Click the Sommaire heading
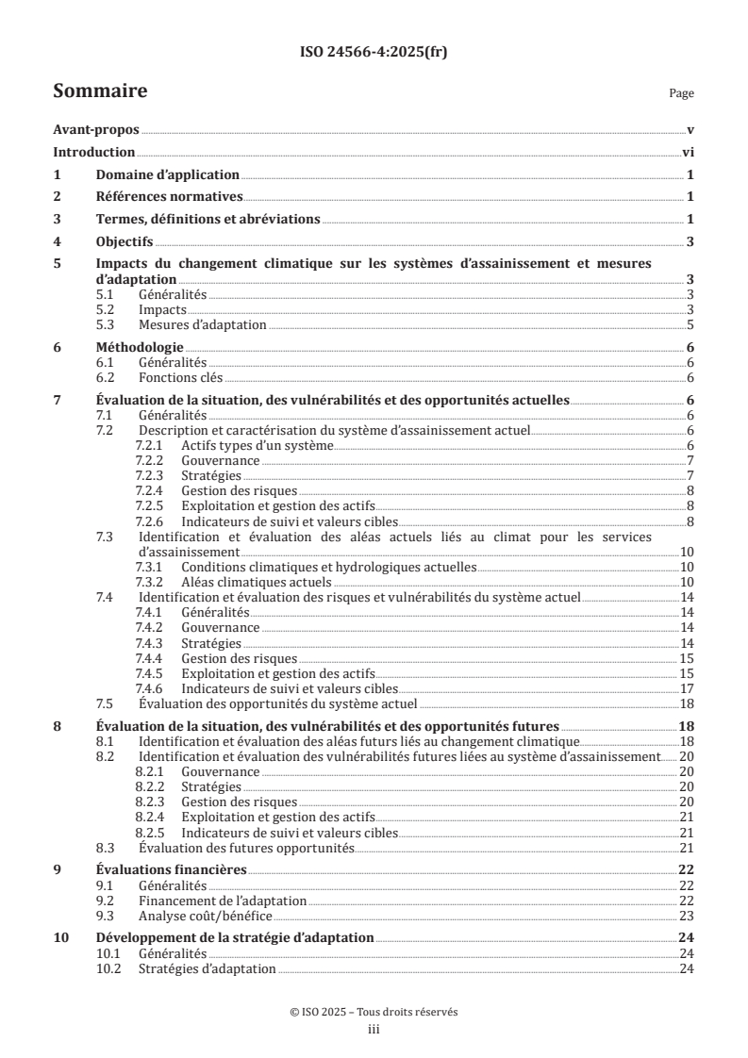(x=100, y=91)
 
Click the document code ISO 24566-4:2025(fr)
(x=374, y=53)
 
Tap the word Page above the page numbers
(x=681, y=93)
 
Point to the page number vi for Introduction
(x=688, y=153)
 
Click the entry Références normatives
(x=170, y=197)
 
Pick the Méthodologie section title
(x=140, y=347)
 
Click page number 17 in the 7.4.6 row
(x=688, y=688)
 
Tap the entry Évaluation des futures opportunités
(x=245, y=848)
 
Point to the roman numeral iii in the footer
(x=374, y=1031)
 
